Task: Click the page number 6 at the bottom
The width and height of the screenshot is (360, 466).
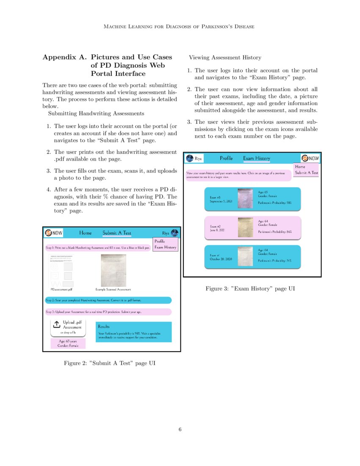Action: click(180, 430)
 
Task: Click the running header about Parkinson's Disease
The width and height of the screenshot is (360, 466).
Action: click(180, 27)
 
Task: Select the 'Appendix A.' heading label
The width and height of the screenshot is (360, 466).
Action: click(64, 57)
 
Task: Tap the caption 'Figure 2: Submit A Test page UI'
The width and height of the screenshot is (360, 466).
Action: click(112, 363)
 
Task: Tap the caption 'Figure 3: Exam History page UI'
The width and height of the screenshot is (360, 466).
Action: click(250, 288)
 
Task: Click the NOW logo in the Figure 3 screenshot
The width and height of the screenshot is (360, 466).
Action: click(310, 158)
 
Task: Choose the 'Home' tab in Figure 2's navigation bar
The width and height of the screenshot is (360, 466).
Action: click(85, 233)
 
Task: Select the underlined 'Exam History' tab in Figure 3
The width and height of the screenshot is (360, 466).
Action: click(256, 158)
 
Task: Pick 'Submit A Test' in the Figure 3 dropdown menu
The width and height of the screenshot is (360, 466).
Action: click(306, 173)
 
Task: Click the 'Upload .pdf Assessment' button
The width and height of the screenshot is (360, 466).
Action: click(68, 327)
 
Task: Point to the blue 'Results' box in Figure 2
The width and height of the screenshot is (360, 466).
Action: click(133, 332)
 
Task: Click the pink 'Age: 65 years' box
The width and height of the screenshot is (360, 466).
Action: click(68, 343)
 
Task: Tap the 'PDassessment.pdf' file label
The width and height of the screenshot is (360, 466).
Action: click(61, 290)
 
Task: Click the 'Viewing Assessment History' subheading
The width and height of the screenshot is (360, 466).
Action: click(225, 58)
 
